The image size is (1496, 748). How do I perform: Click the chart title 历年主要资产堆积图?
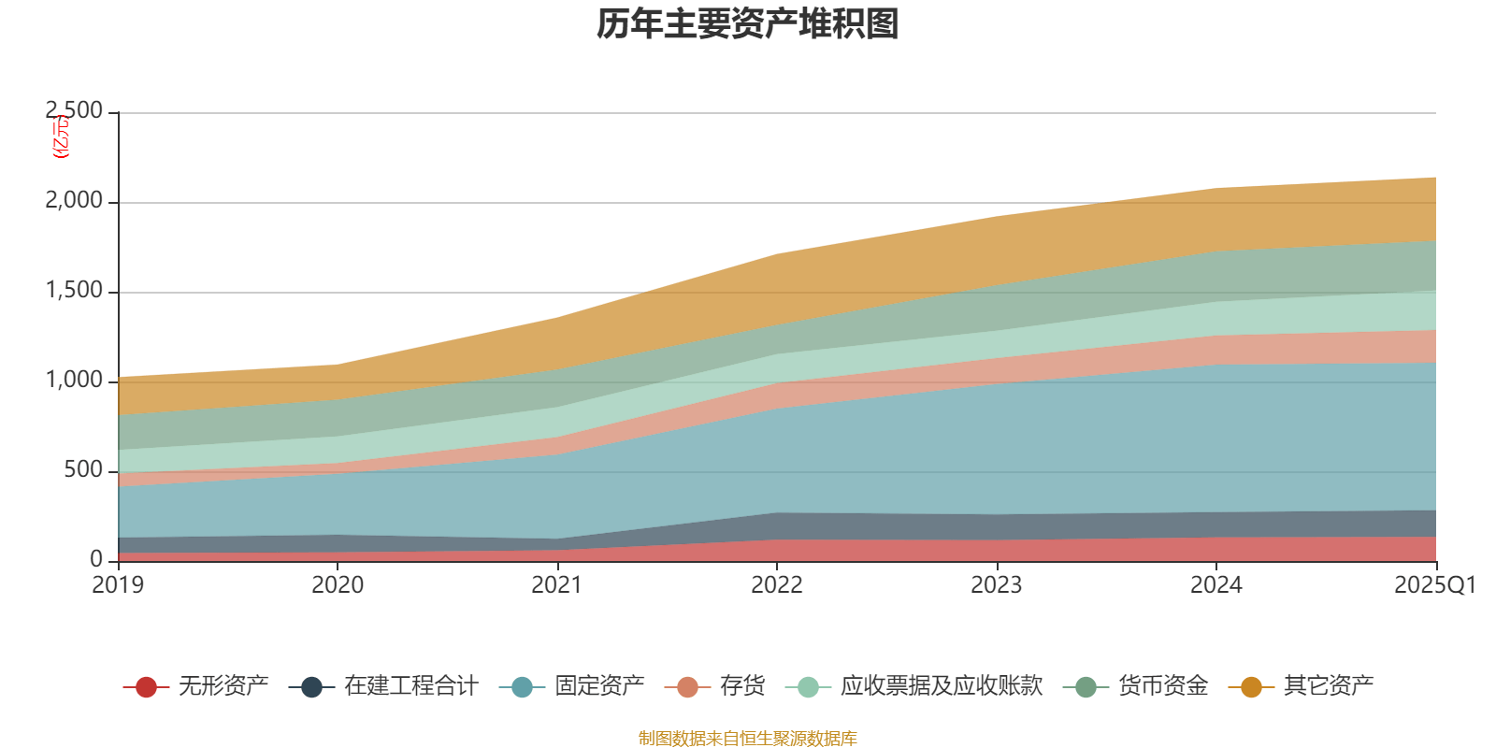click(748, 24)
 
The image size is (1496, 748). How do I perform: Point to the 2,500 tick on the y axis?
click(75, 111)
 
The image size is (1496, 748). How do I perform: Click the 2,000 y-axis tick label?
click(75, 201)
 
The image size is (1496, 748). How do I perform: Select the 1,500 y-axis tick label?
click(75, 291)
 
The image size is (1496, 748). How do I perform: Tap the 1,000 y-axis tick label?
click(75, 381)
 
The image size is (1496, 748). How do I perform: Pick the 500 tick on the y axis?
click(83, 470)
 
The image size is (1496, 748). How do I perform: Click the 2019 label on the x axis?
click(118, 585)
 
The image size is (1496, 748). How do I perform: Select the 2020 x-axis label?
click(338, 585)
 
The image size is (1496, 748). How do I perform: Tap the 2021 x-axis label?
click(557, 585)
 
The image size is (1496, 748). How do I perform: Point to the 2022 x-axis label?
click(777, 585)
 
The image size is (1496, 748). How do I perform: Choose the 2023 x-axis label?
click(997, 585)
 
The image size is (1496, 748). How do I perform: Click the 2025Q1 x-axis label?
click(1434, 585)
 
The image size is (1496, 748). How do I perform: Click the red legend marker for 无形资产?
click(146, 687)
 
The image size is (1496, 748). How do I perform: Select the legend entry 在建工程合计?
click(410, 686)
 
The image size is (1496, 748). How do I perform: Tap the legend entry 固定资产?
click(599, 686)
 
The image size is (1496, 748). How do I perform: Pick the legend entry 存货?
click(742, 686)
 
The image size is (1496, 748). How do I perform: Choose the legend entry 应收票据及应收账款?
click(940, 686)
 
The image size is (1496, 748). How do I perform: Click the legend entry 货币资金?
click(1162, 686)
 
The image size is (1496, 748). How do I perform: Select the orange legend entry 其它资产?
click(1328, 686)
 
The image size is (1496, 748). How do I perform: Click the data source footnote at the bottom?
click(748, 739)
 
